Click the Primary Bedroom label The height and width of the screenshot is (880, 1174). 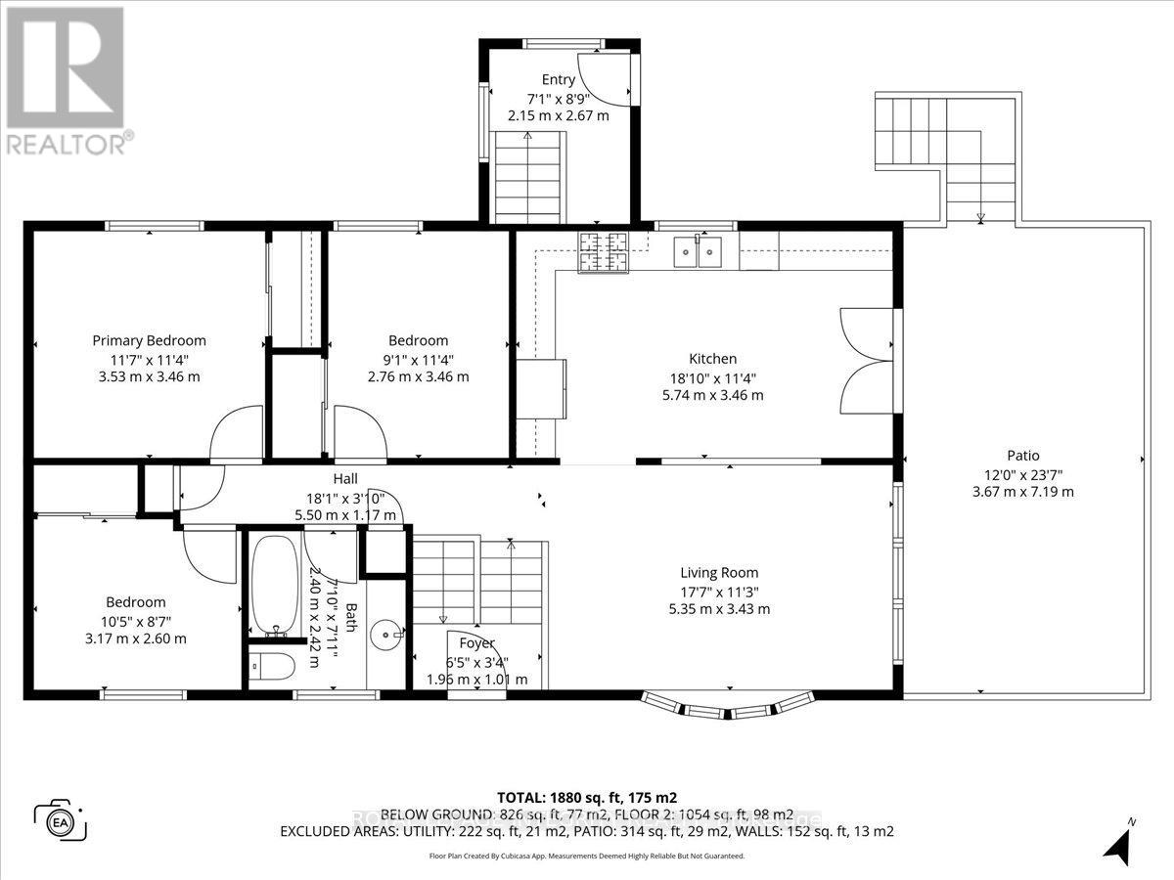[x=149, y=340]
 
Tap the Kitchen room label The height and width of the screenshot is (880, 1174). [x=712, y=359]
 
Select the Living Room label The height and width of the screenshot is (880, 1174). [x=719, y=573]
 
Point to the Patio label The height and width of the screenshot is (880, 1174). [x=1022, y=455]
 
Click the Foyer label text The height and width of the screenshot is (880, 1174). [x=476, y=643]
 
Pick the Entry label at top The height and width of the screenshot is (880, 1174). [x=559, y=79]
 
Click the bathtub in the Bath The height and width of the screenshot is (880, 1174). [x=272, y=583]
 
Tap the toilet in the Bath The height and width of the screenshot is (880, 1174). [x=272, y=668]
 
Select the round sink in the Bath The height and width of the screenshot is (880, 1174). [x=393, y=635]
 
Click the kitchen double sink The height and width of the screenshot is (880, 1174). [x=698, y=252]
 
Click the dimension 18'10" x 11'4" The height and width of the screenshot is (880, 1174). [x=712, y=377]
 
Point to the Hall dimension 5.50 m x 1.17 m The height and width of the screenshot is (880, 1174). [x=345, y=514]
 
